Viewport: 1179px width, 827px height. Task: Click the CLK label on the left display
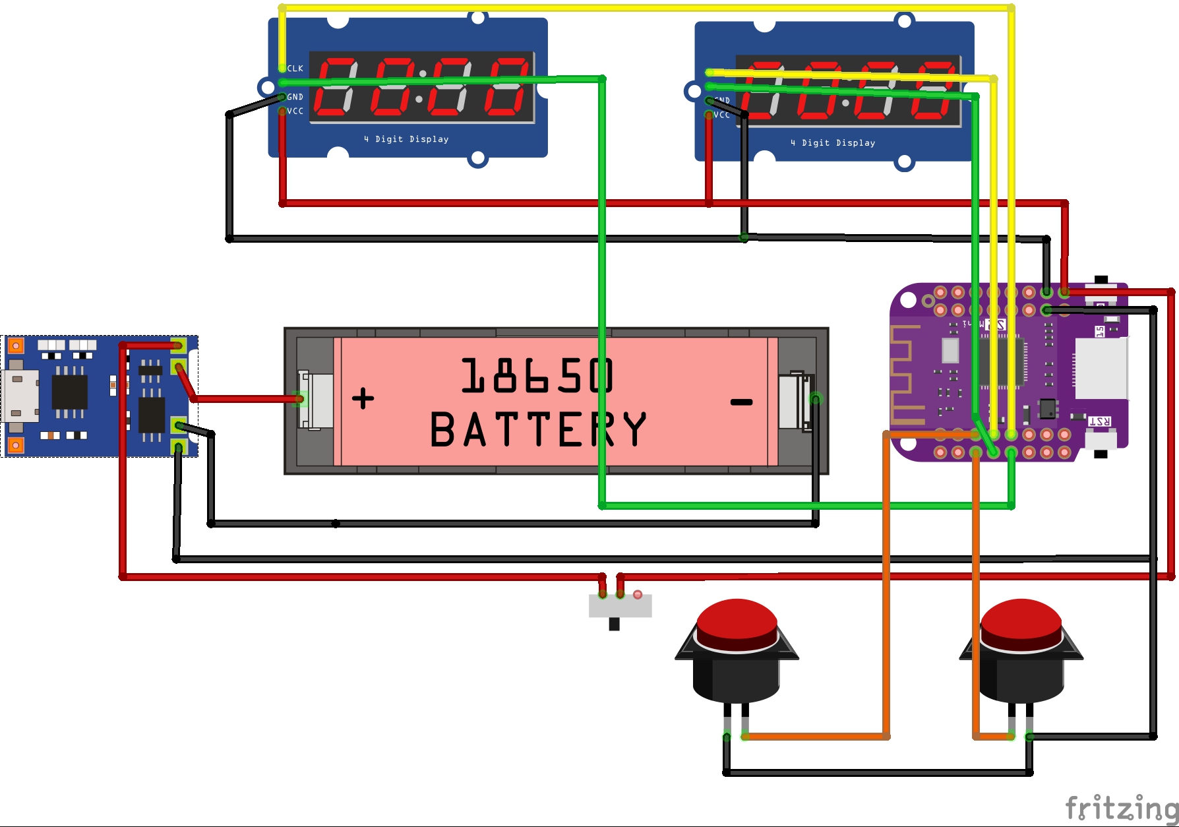295,69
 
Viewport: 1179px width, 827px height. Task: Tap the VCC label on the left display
295,111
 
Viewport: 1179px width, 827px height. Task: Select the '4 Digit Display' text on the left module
406,139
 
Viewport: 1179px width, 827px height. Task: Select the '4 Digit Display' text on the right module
833,143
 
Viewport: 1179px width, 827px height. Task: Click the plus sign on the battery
363,398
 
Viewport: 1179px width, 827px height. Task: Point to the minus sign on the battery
742,402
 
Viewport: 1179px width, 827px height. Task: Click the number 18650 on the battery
537,376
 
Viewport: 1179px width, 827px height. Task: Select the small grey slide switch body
620,606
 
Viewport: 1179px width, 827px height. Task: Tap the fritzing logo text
1121,808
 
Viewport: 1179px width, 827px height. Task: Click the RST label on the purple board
1099,421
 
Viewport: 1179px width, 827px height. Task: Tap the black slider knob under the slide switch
614,624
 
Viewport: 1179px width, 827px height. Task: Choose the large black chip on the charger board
69,392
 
